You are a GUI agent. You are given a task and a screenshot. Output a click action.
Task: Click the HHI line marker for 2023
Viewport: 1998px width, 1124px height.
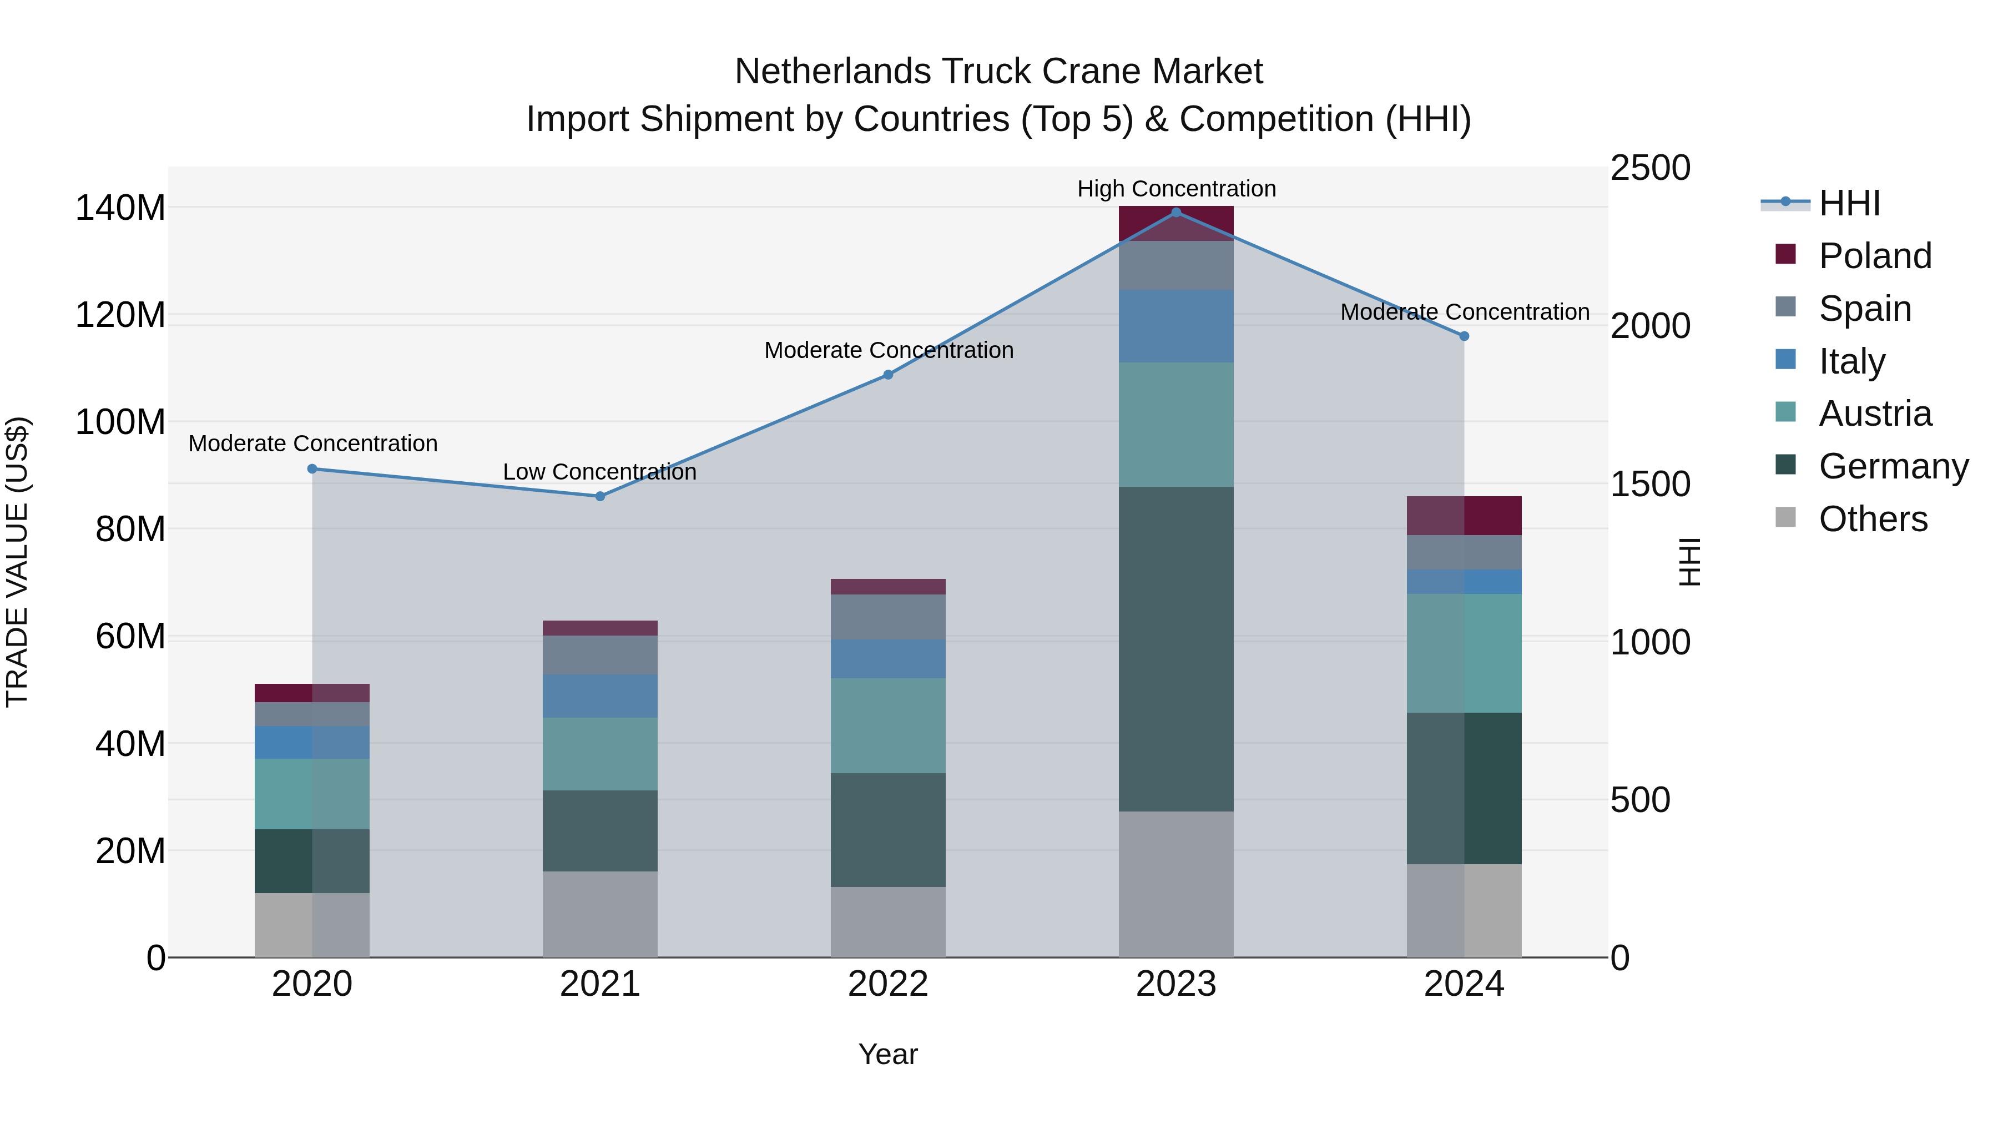1176,213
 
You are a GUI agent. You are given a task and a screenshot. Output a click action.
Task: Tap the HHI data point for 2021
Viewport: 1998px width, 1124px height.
599,496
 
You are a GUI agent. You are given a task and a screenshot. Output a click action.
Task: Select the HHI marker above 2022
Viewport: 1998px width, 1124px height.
888,375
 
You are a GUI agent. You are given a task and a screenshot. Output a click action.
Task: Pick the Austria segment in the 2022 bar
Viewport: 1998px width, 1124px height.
888,725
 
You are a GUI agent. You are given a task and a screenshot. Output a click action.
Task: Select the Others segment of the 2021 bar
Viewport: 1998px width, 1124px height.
599,914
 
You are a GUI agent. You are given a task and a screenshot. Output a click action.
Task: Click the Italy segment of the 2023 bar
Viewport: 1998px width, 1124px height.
1176,326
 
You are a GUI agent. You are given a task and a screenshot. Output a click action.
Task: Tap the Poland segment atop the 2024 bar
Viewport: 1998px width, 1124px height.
1464,516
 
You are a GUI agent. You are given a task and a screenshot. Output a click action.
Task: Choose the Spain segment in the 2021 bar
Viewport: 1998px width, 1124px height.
599,655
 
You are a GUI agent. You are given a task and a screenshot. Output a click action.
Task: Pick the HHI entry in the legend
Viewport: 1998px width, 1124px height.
1849,203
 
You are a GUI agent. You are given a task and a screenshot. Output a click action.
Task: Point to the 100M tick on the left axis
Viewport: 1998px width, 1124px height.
120,423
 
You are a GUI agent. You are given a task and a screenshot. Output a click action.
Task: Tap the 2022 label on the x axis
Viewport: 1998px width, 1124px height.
888,984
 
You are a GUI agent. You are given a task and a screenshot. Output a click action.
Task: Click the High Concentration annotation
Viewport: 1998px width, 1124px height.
1176,189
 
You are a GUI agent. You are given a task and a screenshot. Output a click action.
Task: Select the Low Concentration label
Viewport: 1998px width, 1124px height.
599,472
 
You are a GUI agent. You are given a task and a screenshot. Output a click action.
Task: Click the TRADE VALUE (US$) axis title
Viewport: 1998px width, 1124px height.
17,562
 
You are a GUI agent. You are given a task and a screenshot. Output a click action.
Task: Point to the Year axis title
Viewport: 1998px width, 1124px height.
888,1054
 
